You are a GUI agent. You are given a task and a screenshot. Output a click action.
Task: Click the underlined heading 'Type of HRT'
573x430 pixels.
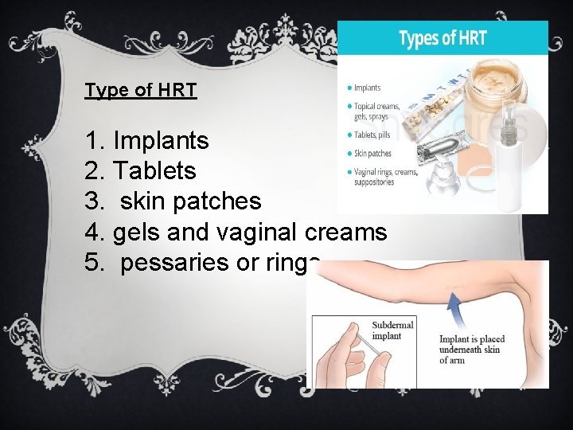click(x=141, y=90)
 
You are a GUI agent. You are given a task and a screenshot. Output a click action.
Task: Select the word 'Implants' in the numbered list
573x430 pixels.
click(x=162, y=141)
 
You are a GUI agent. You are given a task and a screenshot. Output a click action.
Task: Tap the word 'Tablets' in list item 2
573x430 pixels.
click(x=154, y=171)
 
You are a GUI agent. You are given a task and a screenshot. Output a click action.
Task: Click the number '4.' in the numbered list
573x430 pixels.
click(x=95, y=232)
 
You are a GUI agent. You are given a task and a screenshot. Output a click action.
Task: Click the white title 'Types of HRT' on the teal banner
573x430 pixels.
click(x=442, y=39)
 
